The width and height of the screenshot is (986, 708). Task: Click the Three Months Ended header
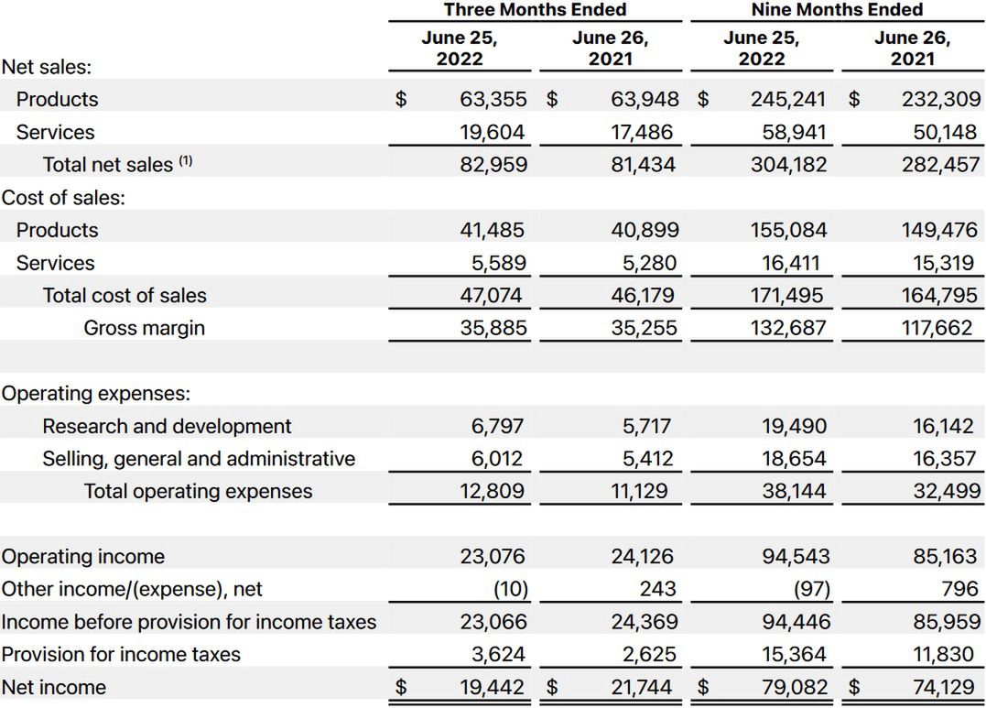pyautogui.click(x=535, y=10)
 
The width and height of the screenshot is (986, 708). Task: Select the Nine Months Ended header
pyautogui.click(x=836, y=10)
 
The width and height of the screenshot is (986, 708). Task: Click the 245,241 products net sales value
pyautogui.click(x=788, y=99)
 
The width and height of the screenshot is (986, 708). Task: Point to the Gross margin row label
pyautogui.click(x=144, y=328)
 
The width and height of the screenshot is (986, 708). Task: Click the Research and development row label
pyautogui.click(x=167, y=426)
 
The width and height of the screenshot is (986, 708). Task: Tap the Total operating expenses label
pyautogui.click(x=198, y=491)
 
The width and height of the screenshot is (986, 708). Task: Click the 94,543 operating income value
pyautogui.click(x=795, y=557)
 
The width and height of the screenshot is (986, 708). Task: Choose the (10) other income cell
pyautogui.click(x=508, y=589)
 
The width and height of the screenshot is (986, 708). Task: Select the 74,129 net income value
pyautogui.click(x=940, y=688)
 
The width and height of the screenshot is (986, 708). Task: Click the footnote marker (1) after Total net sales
pyautogui.click(x=186, y=161)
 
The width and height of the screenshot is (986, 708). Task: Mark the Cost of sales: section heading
pyautogui.click(x=63, y=197)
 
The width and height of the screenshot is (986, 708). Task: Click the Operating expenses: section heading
pyautogui.click(x=95, y=394)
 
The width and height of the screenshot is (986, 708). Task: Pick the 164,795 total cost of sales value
pyautogui.click(x=939, y=296)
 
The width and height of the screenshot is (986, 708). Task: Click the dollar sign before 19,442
pyautogui.click(x=400, y=688)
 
